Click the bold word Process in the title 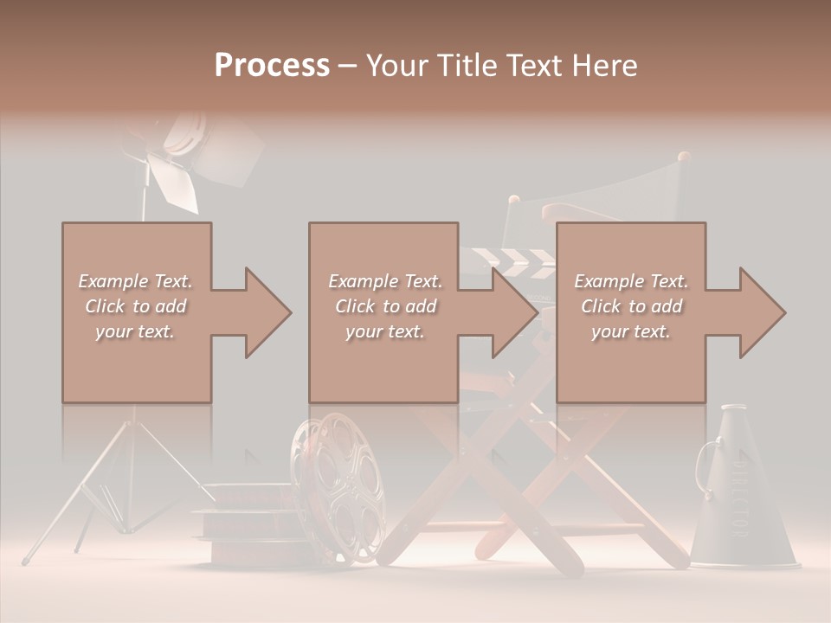point(272,65)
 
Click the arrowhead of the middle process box point(514,312)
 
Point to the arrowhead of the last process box point(761,312)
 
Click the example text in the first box point(136,305)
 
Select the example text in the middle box point(384,305)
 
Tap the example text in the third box point(631,305)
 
